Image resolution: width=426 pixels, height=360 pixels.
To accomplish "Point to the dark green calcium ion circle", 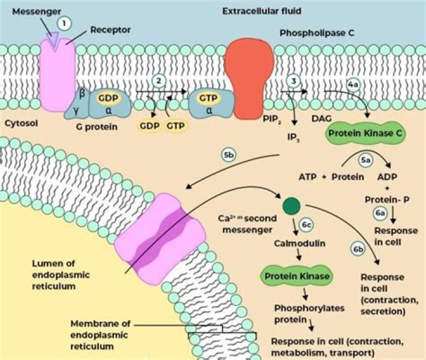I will [291, 205].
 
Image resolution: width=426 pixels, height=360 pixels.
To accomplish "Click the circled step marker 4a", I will [353, 85].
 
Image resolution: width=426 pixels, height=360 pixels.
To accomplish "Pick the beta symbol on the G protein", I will [82, 93].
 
